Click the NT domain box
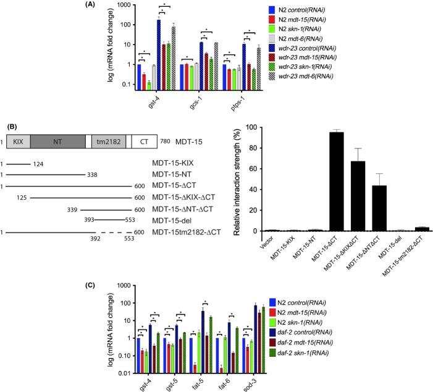pos(57,141)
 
